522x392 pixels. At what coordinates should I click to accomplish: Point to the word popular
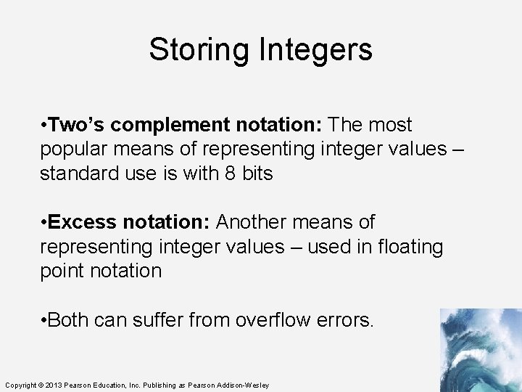click(78, 150)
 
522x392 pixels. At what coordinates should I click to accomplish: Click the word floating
click(408, 247)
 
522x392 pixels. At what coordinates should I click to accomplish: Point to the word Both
click(71, 319)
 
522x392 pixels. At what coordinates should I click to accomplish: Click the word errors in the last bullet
click(347, 319)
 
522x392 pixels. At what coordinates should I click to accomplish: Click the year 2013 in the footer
click(55, 385)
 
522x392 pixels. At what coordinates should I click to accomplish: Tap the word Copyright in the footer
click(20, 385)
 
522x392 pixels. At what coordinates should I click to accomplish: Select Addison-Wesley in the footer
click(245, 385)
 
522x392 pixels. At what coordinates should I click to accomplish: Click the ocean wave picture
click(480, 350)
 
